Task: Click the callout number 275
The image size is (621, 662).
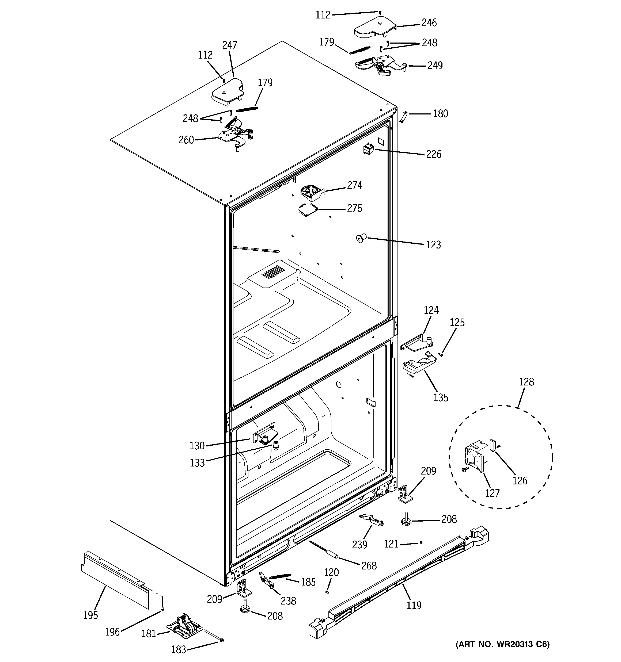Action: [x=354, y=208]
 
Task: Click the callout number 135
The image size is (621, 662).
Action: [x=440, y=397]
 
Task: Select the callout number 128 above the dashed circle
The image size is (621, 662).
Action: [x=526, y=382]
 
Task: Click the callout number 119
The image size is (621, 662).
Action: [x=414, y=605]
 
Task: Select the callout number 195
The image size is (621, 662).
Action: [x=90, y=615]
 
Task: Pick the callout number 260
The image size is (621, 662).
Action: [x=186, y=140]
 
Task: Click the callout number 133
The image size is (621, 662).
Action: [x=197, y=463]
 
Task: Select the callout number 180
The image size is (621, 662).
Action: [x=440, y=114]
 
